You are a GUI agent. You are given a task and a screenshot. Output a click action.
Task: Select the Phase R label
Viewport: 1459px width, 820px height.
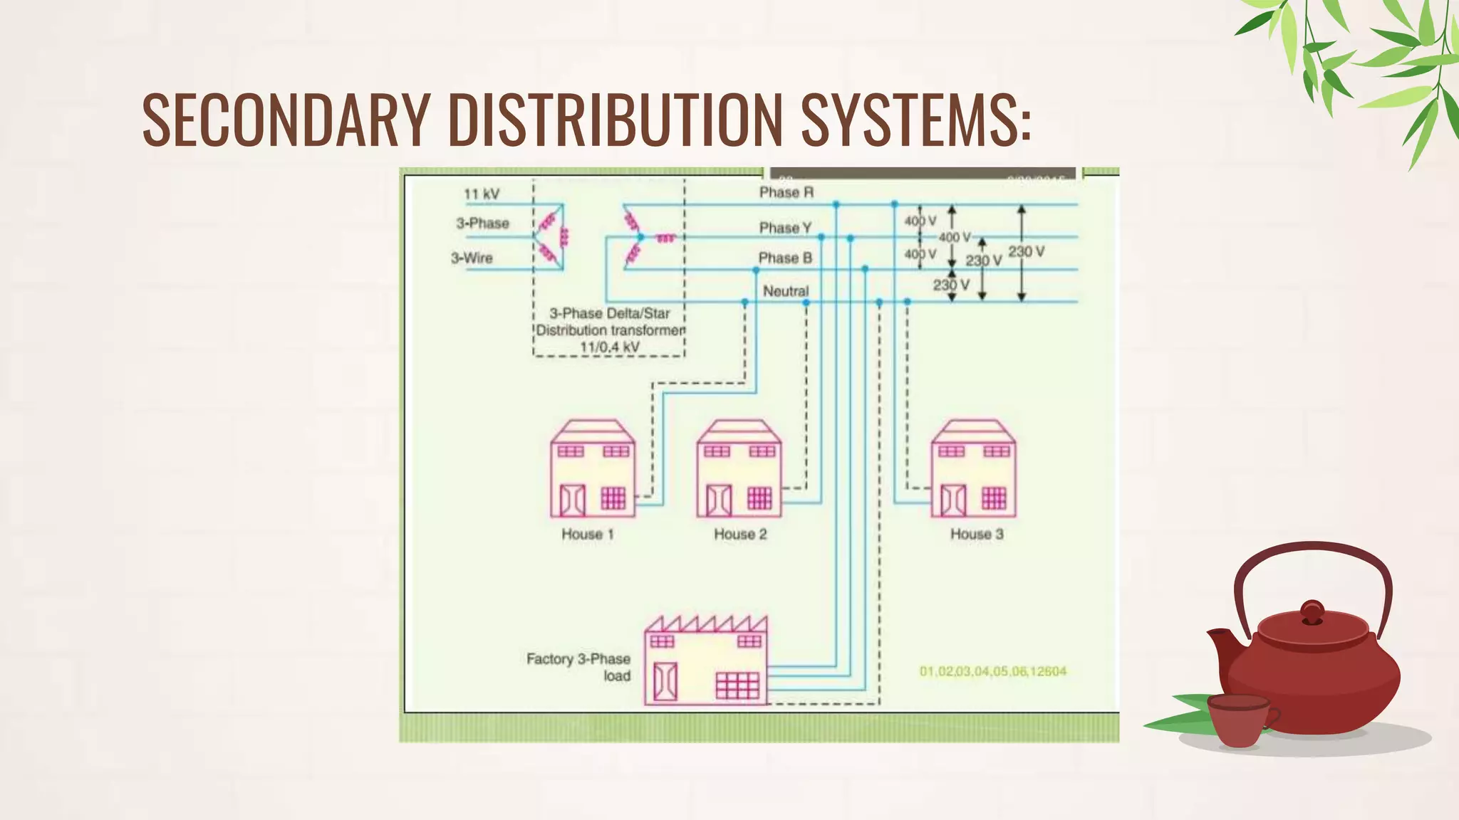tap(786, 192)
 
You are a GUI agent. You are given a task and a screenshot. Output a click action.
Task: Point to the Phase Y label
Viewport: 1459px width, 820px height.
tap(785, 228)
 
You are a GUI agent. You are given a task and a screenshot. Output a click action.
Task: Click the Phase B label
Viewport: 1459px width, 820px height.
tap(785, 258)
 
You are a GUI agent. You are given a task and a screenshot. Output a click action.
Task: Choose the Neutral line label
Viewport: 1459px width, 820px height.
tap(786, 291)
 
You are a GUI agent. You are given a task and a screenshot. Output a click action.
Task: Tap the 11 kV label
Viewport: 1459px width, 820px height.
tap(482, 194)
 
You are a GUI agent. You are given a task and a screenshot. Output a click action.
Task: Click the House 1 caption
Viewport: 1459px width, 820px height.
tap(587, 534)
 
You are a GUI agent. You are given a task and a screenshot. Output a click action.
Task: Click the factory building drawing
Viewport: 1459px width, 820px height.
tap(706, 662)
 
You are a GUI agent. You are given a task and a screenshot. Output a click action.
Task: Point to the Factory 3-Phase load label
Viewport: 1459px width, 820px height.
tap(578, 667)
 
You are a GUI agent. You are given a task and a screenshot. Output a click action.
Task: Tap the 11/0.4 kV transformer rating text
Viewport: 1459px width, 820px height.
tap(609, 347)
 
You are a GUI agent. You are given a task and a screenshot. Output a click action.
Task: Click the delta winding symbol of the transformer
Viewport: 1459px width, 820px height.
tap(551, 237)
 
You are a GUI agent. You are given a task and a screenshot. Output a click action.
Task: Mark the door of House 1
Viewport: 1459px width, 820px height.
tap(572, 500)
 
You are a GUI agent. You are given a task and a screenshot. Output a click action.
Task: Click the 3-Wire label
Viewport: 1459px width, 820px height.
tap(472, 258)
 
